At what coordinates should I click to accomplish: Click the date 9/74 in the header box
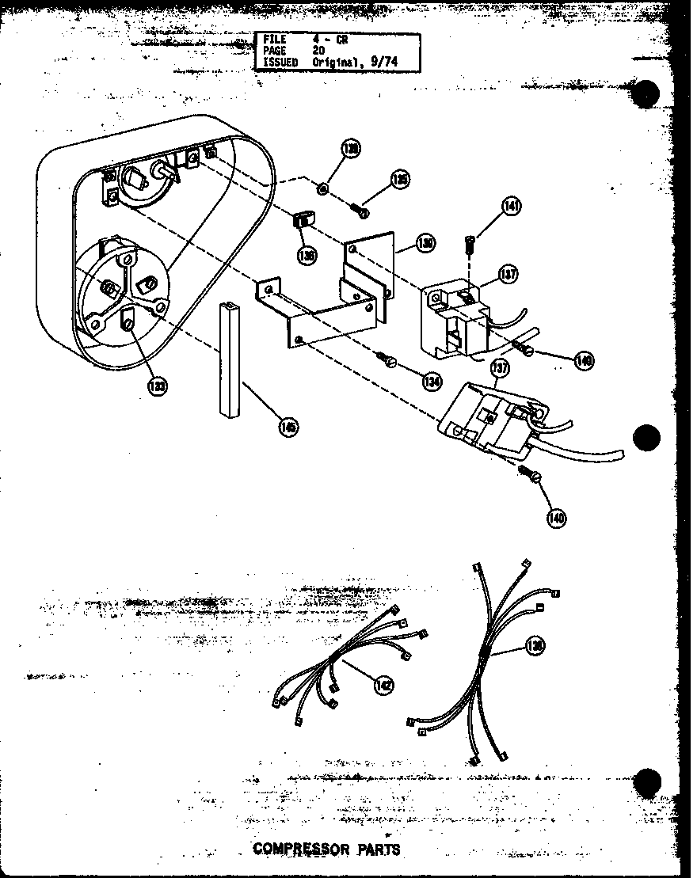[388, 62]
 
